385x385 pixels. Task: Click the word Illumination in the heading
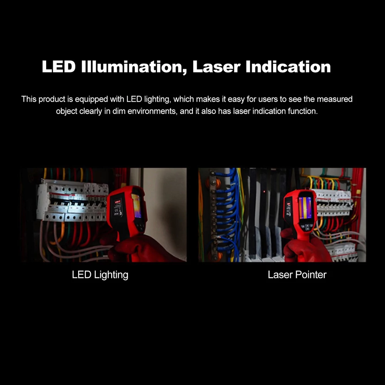[x=134, y=67]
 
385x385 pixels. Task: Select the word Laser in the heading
[x=216, y=67]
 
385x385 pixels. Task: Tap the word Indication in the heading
[x=288, y=67]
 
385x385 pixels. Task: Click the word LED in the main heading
[x=59, y=67]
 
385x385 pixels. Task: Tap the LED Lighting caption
[x=100, y=275]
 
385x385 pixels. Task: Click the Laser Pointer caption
[x=297, y=275]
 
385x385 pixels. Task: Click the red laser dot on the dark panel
[x=264, y=191]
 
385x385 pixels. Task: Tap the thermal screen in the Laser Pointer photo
[x=305, y=208]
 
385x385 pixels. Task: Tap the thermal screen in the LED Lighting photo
[x=137, y=206]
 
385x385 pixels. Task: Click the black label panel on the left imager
[x=117, y=209]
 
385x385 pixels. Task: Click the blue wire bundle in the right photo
[x=227, y=214]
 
